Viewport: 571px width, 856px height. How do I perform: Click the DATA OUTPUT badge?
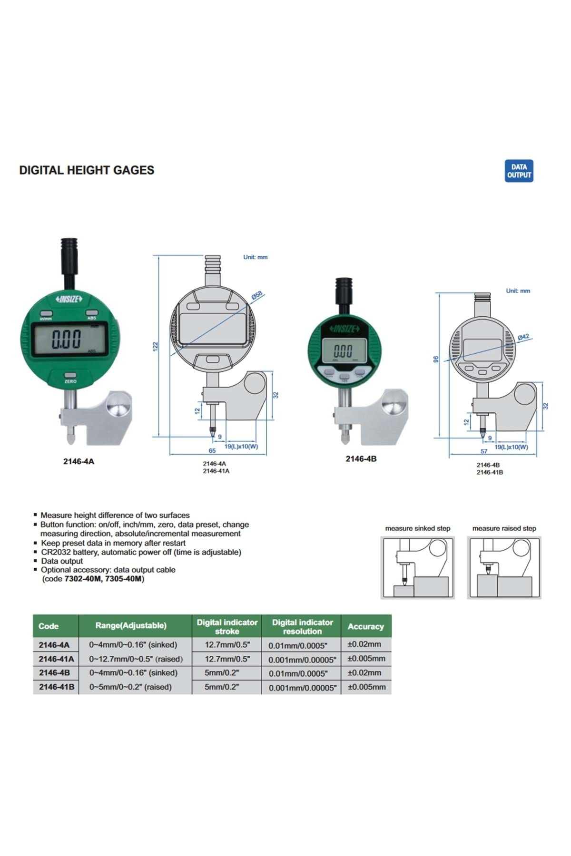click(x=519, y=171)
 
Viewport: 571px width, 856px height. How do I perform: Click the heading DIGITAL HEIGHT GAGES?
click(x=87, y=170)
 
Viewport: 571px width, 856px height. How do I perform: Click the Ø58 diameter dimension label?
click(x=256, y=295)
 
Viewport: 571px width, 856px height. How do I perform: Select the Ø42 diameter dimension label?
click(x=523, y=337)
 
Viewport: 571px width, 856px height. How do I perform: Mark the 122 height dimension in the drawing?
click(x=155, y=347)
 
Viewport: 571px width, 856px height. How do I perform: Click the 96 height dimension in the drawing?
click(x=435, y=360)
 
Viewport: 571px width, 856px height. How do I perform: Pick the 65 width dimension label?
click(x=212, y=450)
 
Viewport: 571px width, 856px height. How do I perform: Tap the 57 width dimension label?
click(x=484, y=451)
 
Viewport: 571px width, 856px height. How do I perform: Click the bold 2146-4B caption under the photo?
click(x=361, y=459)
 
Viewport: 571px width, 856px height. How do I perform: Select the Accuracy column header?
click(x=365, y=626)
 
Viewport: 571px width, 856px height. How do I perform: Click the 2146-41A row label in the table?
click(x=56, y=659)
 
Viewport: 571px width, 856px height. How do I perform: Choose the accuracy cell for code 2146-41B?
click(x=366, y=687)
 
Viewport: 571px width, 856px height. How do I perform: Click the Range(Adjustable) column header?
click(x=131, y=626)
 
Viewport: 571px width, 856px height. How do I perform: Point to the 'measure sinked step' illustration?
click(x=417, y=567)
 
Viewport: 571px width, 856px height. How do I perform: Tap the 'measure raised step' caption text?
click(x=504, y=528)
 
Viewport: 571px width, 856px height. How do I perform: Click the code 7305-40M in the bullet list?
click(x=124, y=579)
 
